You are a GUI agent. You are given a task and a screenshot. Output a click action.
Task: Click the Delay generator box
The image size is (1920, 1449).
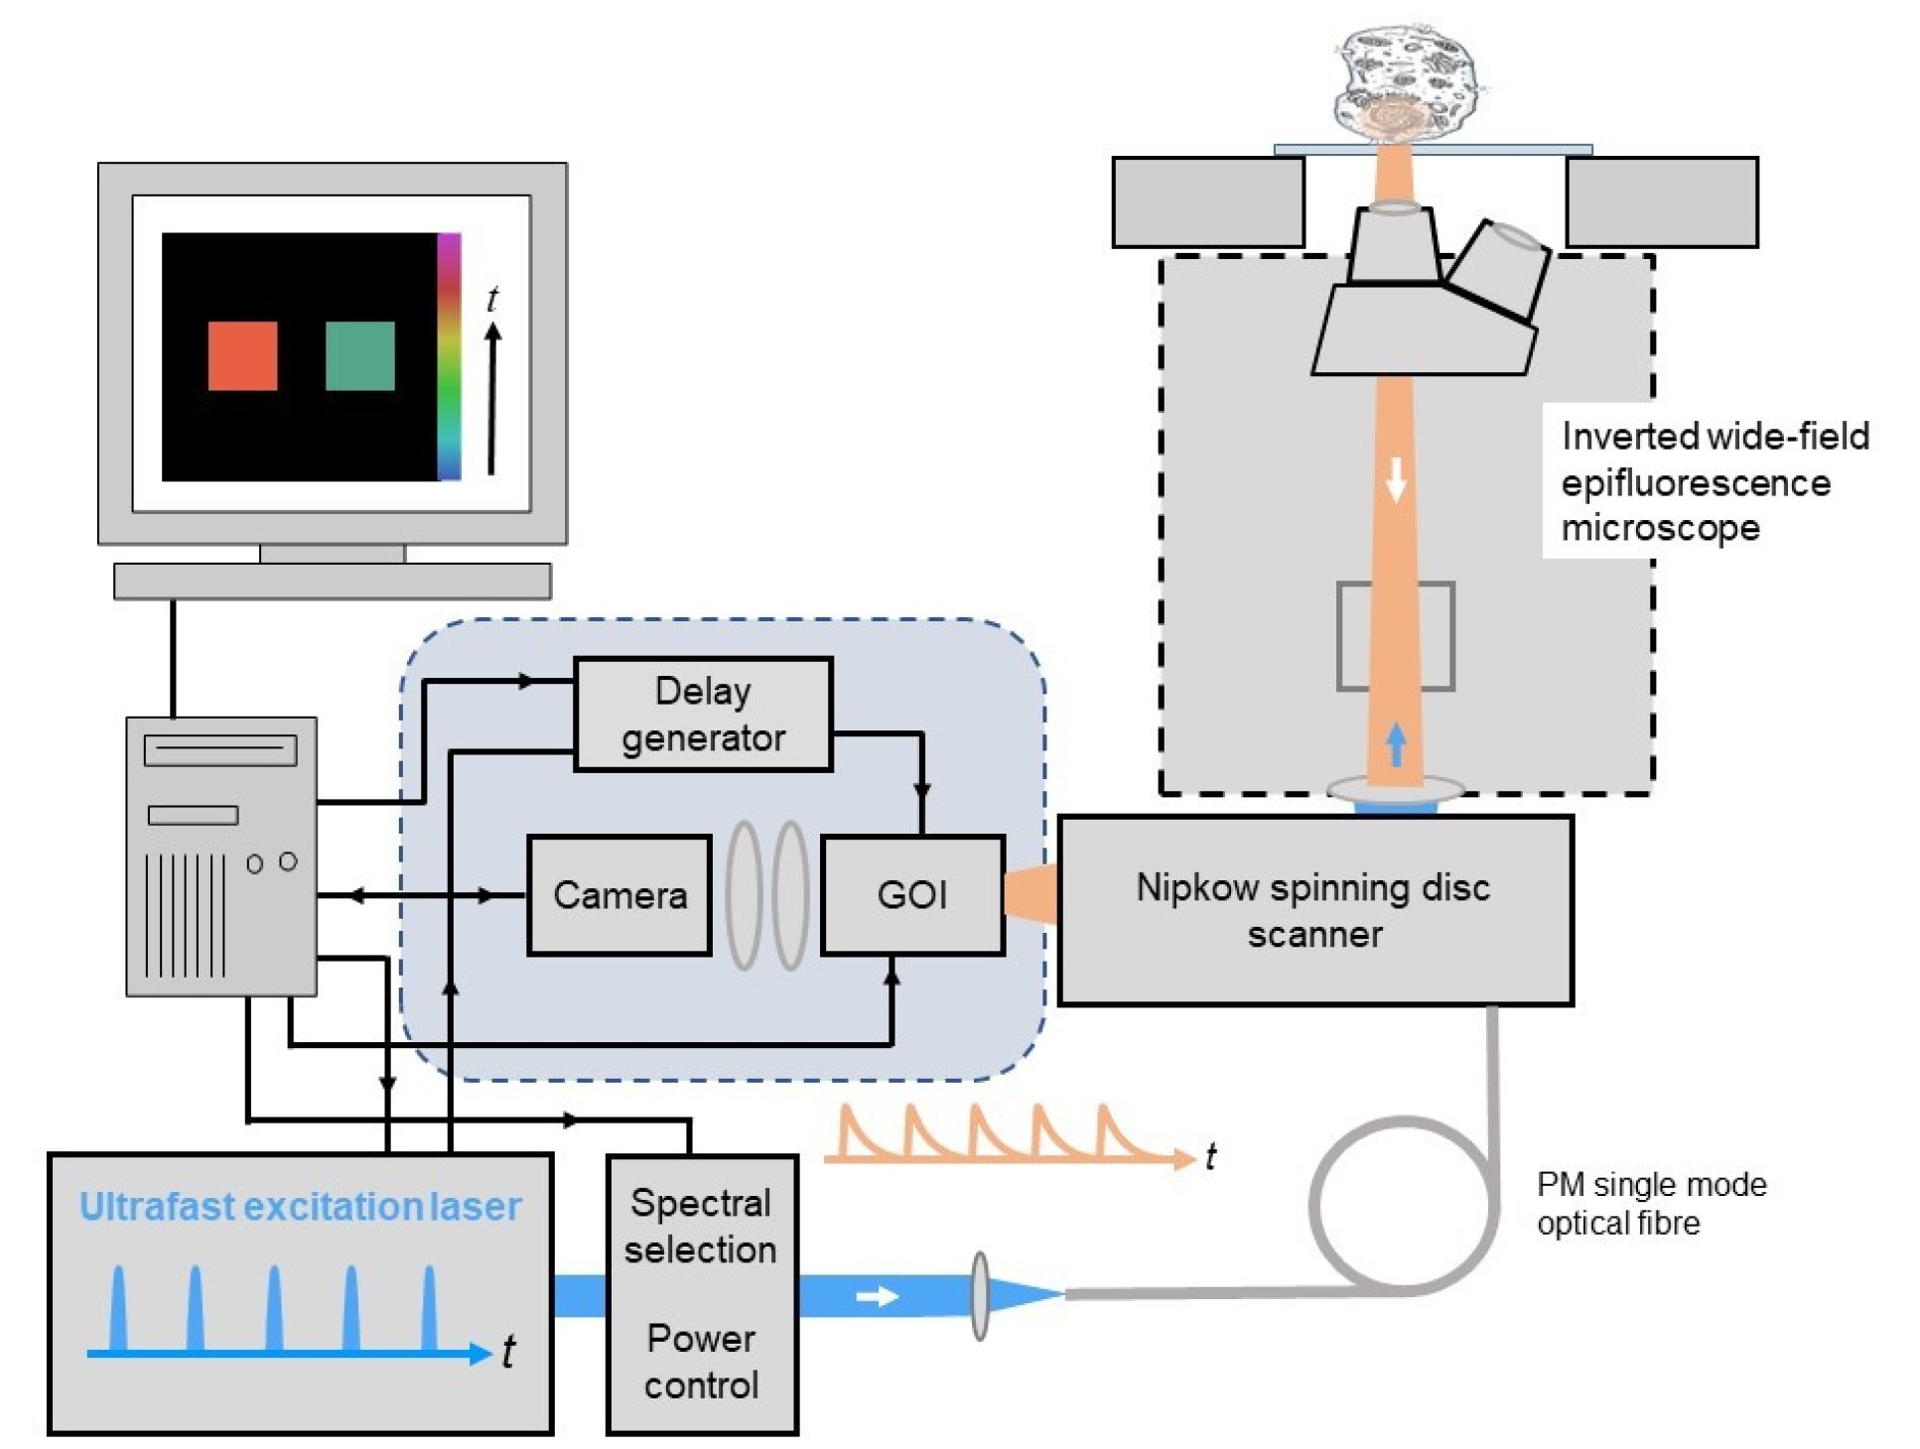click(702, 714)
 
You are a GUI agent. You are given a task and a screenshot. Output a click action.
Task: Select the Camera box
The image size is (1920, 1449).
click(618, 894)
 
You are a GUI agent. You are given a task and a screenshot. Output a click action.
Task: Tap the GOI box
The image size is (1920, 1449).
click(912, 894)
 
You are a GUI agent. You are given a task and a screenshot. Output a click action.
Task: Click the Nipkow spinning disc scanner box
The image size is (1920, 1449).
click(1313, 910)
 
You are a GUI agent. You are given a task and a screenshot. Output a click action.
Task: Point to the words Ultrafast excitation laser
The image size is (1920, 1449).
click(300, 1206)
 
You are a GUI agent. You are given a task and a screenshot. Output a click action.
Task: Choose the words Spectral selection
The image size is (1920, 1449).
click(700, 1226)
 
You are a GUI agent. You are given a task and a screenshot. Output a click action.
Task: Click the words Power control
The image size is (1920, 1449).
click(701, 1361)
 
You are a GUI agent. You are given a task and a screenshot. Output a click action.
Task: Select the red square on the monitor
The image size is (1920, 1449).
click(242, 355)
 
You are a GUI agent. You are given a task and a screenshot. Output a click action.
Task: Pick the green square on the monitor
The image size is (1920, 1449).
click(359, 355)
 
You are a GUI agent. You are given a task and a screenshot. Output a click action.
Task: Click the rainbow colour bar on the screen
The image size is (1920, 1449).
click(449, 356)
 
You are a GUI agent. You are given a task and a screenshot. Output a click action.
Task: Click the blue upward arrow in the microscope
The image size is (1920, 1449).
click(1396, 744)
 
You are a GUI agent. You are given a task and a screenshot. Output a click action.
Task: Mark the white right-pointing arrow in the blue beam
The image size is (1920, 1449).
click(877, 1296)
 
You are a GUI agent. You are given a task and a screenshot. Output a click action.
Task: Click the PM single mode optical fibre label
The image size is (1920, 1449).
click(1651, 1203)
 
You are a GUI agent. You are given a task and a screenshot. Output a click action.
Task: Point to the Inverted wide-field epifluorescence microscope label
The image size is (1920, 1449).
click(1713, 481)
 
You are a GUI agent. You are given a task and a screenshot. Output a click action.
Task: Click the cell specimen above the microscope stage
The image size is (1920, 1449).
click(1404, 81)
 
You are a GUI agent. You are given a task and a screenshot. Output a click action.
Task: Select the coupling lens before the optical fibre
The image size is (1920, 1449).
click(980, 1295)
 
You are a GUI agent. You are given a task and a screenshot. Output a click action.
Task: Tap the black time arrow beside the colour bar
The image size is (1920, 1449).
click(491, 397)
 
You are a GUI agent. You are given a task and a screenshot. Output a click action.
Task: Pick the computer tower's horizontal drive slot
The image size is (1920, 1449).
click(219, 749)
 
